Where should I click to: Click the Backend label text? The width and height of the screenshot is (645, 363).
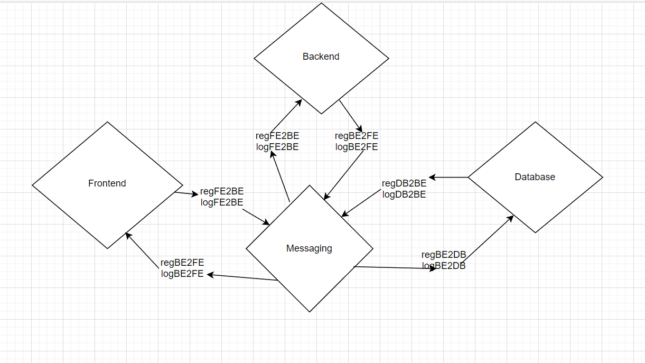click(x=321, y=57)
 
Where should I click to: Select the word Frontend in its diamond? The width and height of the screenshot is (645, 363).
click(x=107, y=183)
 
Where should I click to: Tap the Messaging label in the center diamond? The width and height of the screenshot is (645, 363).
click(x=309, y=248)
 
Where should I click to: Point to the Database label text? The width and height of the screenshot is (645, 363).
click(x=535, y=177)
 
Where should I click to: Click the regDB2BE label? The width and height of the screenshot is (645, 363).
click(x=404, y=183)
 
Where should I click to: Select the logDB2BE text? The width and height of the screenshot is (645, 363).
click(x=404, y=194)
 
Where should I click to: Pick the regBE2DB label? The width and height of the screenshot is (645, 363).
click(x=444, y=255)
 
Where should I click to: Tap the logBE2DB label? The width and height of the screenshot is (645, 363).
click(x=444, y=266)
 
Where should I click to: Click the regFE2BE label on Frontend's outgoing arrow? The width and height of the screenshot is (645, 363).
click(x=222, y=191)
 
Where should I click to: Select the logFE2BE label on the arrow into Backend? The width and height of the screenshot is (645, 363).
click(x=277, y=147)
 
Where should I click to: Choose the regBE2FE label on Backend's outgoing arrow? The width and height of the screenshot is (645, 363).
click(x=357, y=136)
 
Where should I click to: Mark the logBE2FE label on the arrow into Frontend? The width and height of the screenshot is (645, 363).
click(x=182, y=273)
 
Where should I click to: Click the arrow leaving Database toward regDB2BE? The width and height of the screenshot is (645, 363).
click(x=448, y=177)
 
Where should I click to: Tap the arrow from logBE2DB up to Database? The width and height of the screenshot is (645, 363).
click(x=489, y=238)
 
